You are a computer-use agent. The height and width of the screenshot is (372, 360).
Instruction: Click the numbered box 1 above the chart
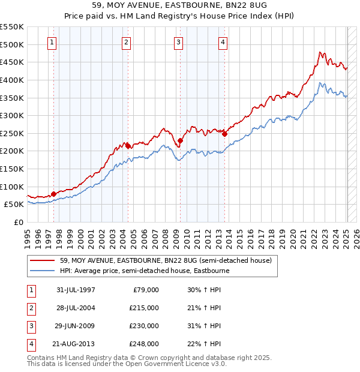(x=53, y=42)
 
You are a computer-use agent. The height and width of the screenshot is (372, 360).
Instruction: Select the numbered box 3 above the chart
(x=179, y=42)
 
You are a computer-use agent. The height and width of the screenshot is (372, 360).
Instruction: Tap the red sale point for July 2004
(x=128, y=145)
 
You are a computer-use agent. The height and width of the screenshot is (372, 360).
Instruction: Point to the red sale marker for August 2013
(x=224, y=134)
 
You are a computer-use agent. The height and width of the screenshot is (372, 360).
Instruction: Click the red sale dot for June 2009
(x=180, y=140)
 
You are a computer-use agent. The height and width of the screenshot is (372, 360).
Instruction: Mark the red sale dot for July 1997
(x=53, y=194)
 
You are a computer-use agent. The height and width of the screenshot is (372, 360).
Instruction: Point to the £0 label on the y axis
(x=18, y=222)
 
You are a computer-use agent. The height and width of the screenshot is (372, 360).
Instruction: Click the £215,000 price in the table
(x=145, y=308)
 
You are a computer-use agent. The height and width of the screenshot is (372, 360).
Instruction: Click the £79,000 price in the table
(x=146, y=290)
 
